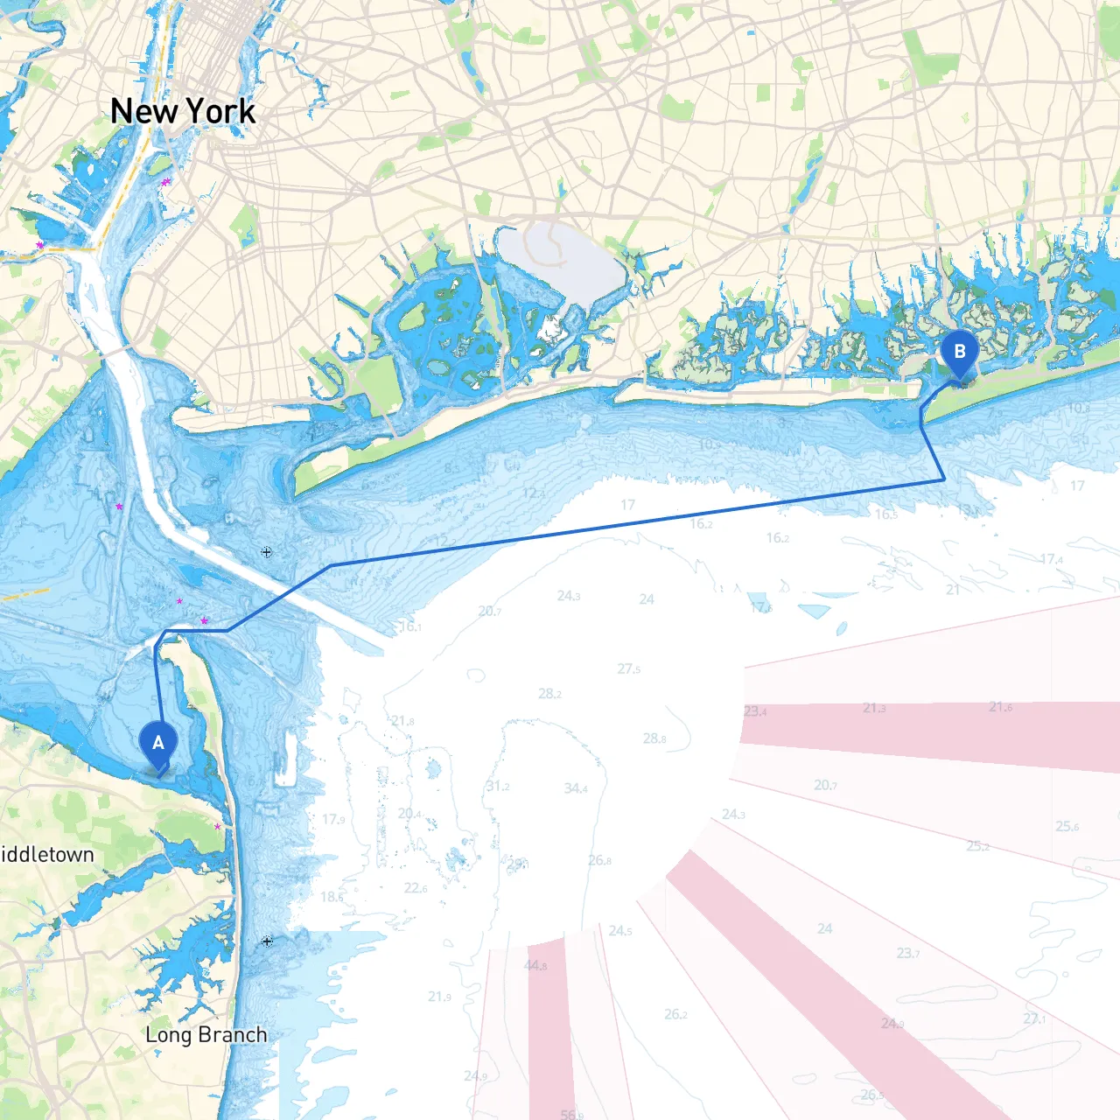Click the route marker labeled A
pyautogui.click(x=158, y=744)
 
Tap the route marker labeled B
pyautogui.click(x=960, y=353)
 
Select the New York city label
pyautogui.click(x=183, y=111)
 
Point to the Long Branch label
pyautogui.click(x=206, y=1034)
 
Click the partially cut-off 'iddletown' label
pyautogui.click(x=46, y=854)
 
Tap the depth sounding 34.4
pyautogui.click(x=576, y=788)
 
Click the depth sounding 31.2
pyautogui.click(x=498, y=786)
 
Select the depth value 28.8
pyautogui.click(x=654, y=738)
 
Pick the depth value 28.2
pyautogui.click(x=549, y=694)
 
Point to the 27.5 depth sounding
pyautogui.click(x=628, y=668)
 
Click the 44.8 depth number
pyautogui.click(x=535, y=965)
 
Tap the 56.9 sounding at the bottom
pyautogui.click(x=571, y=1114)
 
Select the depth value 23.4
pyautogui.click(x=755, y=711)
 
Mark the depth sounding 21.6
pyautogui.click(x=1001, y=706)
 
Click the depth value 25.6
pyautogui.click(x=1067, y=826)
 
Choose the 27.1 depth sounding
pyautogui.click(x=1035, y=1018)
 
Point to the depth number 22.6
pyautogui.click(x=416, y=888)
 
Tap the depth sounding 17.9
pyautogui.click(x=333, y=819)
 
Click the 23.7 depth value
pyautogui.click(x=908, y=953)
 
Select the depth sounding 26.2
pyautogui.click(x=675, y=1014)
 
